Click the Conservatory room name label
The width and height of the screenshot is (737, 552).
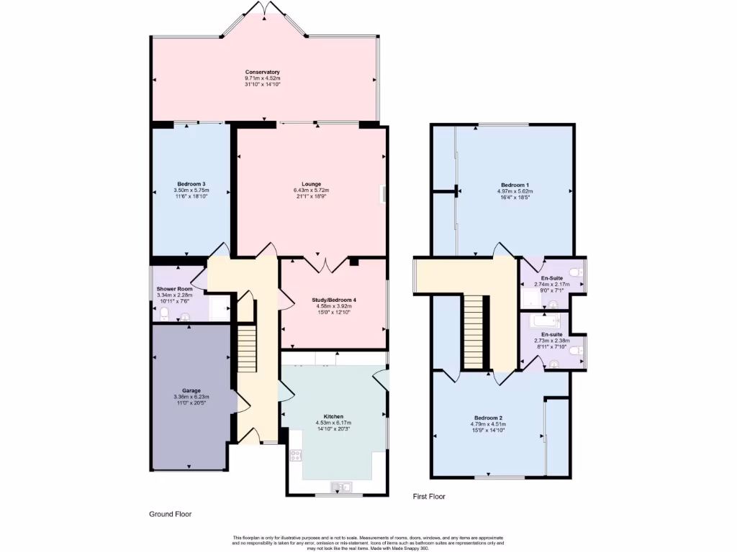pyautogui.click(x=262, y=72)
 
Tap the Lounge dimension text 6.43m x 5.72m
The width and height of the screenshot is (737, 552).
pyautogui.click(x=311, y=190)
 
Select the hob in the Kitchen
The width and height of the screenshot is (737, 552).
pyautogui.click(x=295, y=454)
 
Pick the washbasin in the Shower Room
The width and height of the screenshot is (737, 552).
pyautogui.click(x=186, y=316)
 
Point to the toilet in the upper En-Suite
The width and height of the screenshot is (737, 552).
pyautogui.click(x=574, y=272)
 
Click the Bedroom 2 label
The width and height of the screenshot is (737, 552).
pyautogui.click(x=488, y=418)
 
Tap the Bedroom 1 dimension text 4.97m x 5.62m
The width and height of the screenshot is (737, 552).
pyautogui.click(x=515, y=191)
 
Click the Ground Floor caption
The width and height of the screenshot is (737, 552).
pyautogui.click(x=171, y=514)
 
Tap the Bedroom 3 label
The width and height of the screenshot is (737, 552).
pyautogui.click(x=191, y=184)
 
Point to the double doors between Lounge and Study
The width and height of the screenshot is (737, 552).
pyautogui.click(x=324, y=263)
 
